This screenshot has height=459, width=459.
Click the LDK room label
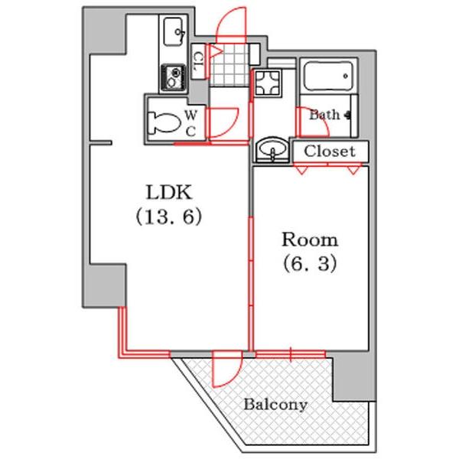point(169,192)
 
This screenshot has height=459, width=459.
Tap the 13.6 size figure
point(169,216)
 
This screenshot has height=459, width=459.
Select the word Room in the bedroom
point(310,239)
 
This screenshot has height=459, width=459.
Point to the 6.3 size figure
point(310,263)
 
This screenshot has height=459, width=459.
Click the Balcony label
point(275,405)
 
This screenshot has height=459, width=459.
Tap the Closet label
point(330,151)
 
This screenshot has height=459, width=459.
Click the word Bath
point(324,115)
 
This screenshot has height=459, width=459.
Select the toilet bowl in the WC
point(164,122)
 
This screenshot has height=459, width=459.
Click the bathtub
point(328,76)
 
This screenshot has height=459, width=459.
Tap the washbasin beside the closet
point(272,149)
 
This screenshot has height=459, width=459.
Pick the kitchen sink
point(174,31)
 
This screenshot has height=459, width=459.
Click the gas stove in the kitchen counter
point(174,77)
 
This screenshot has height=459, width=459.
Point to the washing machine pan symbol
point(268,83)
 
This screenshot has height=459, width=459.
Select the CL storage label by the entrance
point(199,62)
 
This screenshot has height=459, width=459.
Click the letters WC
point(190,123)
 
